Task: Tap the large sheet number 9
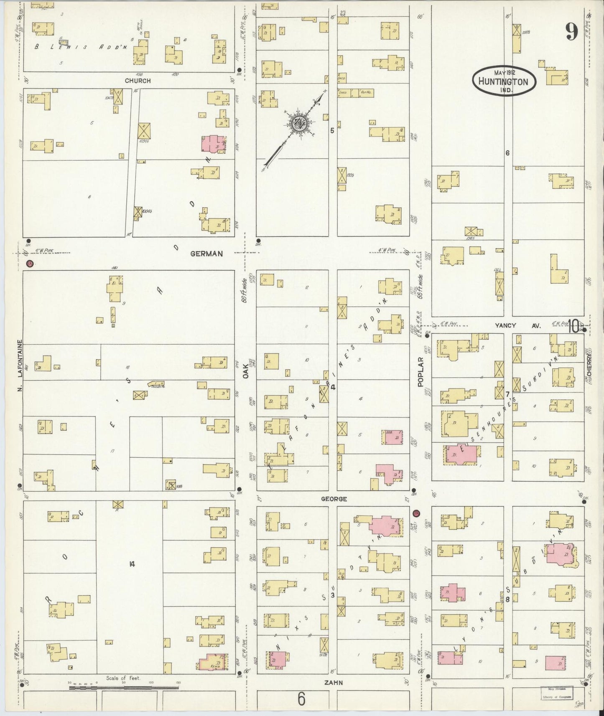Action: coord(571,31)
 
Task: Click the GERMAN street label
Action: coord(207,254)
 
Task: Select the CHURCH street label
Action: coord(138,81)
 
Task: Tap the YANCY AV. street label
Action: coord(517,325)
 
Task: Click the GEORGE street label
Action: coord(334,499)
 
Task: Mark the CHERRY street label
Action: coord(589,361)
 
